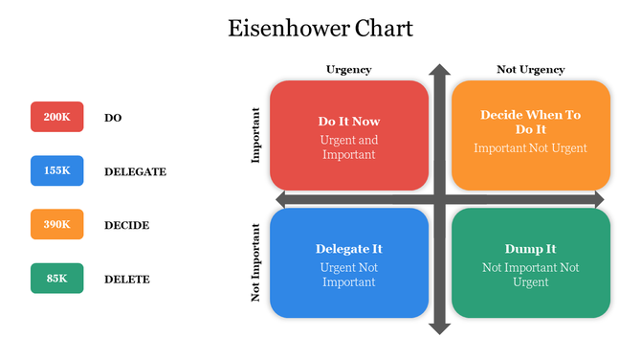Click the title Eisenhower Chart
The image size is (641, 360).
320,28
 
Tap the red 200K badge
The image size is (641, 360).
57,117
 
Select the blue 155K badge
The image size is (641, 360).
57,170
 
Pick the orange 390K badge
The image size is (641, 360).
57,224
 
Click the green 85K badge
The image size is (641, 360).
57,279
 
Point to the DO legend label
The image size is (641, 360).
113,118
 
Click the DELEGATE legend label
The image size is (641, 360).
135,171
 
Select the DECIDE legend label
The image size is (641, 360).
126,225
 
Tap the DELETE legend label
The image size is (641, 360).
126,280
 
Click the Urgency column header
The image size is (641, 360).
348,69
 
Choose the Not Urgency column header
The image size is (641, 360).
530,69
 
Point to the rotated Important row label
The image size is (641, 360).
255,135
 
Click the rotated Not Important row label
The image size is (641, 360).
255,263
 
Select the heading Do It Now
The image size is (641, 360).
348,122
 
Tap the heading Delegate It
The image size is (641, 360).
348,249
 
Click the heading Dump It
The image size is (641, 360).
530,249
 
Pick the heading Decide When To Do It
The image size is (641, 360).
530,122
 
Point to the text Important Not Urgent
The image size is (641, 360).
530,148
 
